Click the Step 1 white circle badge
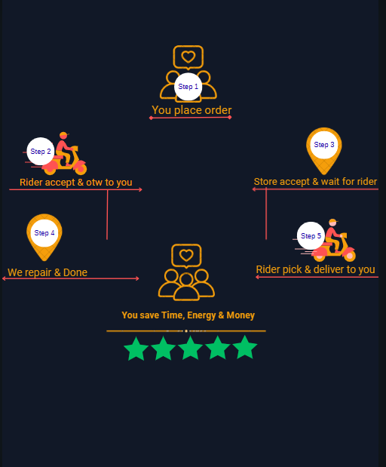[x=188, y=87]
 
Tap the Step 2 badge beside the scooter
[x=41, y=152]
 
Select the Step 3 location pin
[x=323, y=151]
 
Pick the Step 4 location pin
[x=44, y=237]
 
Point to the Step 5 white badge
[x=311, y=236]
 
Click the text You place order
[x=191, y=110]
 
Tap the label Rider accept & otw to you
[x=76, y=183]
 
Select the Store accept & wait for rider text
[x=315, y=181]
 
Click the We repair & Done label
[x=47, y=272]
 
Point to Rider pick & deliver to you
[x=315, y=269]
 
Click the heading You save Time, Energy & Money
[x=188, y=315]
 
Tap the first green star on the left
[x=136, y=349]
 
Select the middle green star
[x=191, y=348]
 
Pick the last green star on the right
[x=245, y=347]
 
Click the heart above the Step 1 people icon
[x=188, y=57]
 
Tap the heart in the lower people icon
[x=186, y=255]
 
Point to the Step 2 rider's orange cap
[x=63, y=135]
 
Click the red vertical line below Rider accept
[x=107, y=214]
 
